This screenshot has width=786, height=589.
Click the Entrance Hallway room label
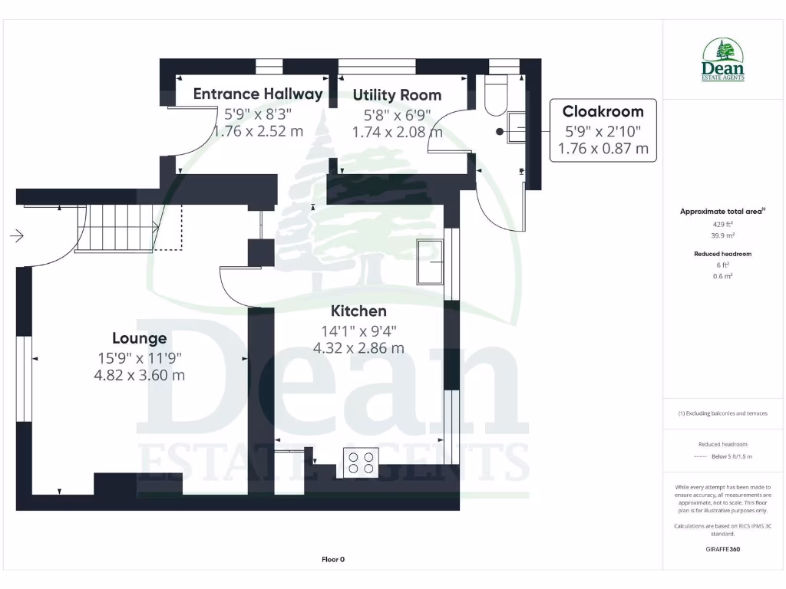pos(258,94)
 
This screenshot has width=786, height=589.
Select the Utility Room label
pos(397,95)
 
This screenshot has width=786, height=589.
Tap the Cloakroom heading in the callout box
pos(603,111)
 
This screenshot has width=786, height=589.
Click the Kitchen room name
pos(358,311)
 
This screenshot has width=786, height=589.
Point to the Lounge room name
pos(139,338)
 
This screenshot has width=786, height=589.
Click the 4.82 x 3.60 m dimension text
pos(139,375)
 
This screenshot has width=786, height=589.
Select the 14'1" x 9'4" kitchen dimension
pos(358,331)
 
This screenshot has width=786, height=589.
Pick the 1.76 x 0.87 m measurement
pos(603,148)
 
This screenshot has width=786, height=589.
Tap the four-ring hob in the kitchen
pos(361,462)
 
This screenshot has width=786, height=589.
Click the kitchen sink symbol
pos(430,262)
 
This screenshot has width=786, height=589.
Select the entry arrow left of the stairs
pos(16,236)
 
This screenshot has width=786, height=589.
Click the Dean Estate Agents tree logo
pos(723,59)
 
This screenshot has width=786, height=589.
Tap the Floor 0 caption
pos(332,559)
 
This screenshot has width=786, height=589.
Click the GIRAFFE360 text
pos(722,549)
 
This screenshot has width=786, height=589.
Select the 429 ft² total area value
pos(722,224)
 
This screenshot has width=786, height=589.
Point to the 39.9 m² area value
pos(722,235)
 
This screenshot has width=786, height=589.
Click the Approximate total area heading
pos(721,211)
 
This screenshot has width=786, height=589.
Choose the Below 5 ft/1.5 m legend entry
pos(734,456)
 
